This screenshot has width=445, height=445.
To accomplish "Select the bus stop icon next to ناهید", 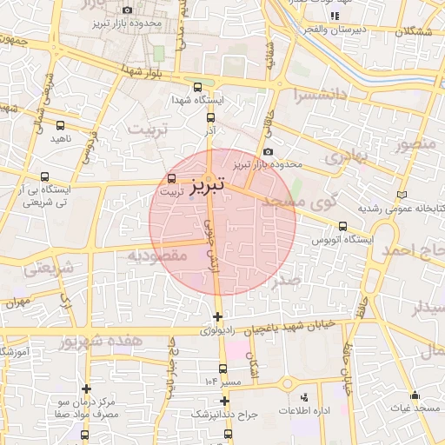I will click(59, 125).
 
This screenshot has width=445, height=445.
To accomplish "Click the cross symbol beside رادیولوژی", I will click(217, 316).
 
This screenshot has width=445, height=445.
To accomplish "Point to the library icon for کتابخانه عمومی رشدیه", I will click(400, 195).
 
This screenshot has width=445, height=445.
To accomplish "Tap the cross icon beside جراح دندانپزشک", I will click(225, 402).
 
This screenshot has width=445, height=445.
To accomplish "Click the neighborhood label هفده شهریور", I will click(97, 342).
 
